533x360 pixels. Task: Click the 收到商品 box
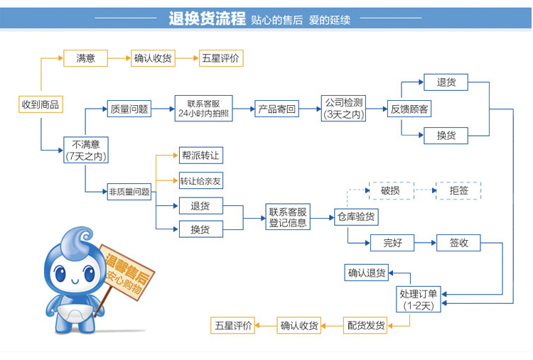[x=41, y=104]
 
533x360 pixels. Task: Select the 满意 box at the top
[x=86, y=58]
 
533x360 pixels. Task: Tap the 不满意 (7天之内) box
[x=86, y=150]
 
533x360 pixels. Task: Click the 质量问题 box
[x=129, y=109]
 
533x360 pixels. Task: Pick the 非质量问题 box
[x=129, y=192]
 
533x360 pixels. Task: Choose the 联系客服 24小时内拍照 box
[x=204, y=109]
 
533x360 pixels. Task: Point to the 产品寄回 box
[x=276, y=109]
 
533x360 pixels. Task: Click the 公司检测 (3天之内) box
[x=343, y=109]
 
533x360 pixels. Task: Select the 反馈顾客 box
[x=409, y=109]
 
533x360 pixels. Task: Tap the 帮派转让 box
[x=201, y=156]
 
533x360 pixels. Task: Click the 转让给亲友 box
[x=201, y=180]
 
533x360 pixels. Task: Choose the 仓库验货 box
[x=356, y=217]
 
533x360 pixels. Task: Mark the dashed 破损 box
[x=392, y=190]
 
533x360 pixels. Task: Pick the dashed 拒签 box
[x=458, y=190]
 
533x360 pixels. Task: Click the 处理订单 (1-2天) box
[x=419, y=299]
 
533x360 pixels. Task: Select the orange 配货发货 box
[x=365, y=325]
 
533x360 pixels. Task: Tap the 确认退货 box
[x=367, y=273]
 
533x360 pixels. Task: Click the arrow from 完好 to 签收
[x=425, y=243]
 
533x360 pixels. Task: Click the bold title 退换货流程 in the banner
[x=207, y=18]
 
